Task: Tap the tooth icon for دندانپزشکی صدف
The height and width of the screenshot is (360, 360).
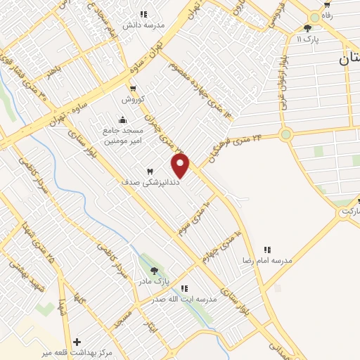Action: pyautogui.click(x=149, y=172)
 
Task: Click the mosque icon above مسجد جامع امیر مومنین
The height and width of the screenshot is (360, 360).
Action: pyautogui.click(x=123, y=120)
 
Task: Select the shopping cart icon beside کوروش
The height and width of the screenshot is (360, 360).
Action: pyautogui.click(x=133, y=89)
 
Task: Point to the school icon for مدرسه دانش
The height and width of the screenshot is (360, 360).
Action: pyautogui.click(x=143, y=14)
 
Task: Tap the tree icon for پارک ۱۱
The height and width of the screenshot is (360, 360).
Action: pyautogui.click(x=307, y=28)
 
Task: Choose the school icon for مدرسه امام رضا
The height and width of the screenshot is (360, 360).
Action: pyautogui.click(x=267, y=250)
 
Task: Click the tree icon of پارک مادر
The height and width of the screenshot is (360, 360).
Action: pyautogui.click(x=154, y=271)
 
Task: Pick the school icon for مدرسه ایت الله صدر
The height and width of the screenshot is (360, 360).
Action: pyautogui.click(x=184, y=288)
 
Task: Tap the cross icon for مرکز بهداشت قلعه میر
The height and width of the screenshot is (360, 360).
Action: pyautogui.click(x=77, y=342)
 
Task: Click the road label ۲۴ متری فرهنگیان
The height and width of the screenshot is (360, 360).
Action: pyautogui.click(x=236, y=147)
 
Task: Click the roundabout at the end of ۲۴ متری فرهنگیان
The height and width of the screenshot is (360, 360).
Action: pyautogui.click(x=285, y=134)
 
